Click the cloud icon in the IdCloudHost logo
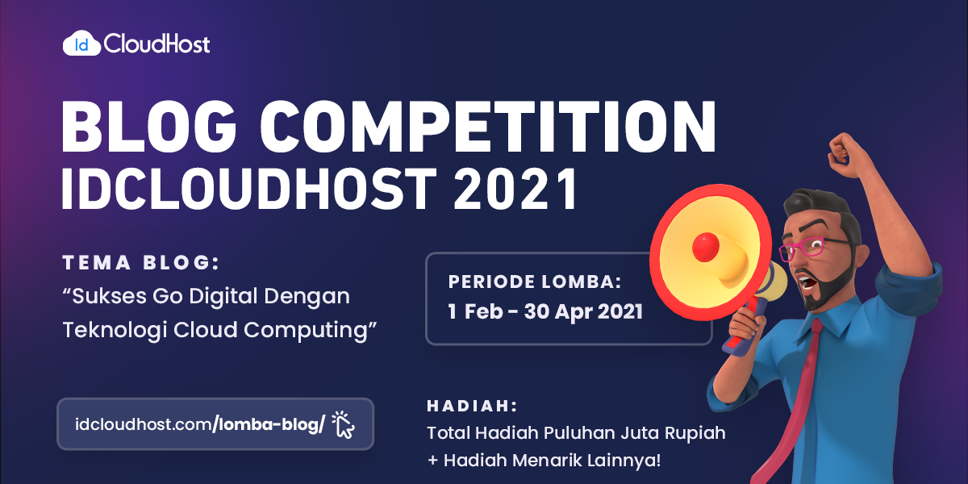[x=81, y=44]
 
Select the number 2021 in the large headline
[x=515, y=189]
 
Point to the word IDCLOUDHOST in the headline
[x=249, y=189]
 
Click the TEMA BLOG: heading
[x=141, y=263]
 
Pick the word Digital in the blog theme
[x=223, y=298]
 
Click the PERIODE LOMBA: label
[x=535, y=282]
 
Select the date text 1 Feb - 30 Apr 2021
[x=545, y=311]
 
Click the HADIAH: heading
[x=472, y=406]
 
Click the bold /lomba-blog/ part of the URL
[x=269, y=424]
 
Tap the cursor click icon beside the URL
[x=344, y=424]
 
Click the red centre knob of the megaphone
[x=706, y=247]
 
